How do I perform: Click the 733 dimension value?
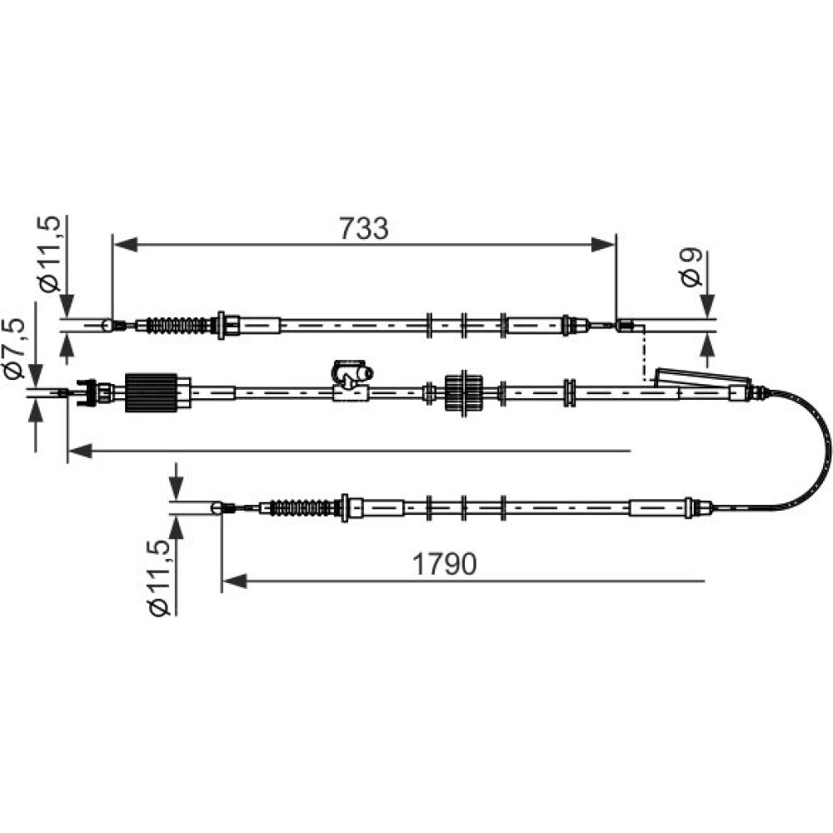(x=364, y=228)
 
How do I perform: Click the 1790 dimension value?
(x=445, y=564)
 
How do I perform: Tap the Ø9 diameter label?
(x=691, y=267)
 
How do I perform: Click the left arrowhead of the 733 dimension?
(x=126, y=245)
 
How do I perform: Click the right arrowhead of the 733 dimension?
(x=603, y=245)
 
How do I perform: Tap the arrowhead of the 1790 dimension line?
(x=234, y=581)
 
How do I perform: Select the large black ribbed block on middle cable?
(x=152, y=392)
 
